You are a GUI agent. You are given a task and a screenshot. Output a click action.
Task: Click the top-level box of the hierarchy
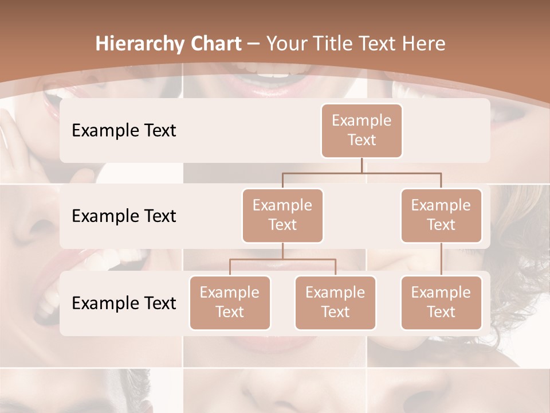click(x=362, y=130)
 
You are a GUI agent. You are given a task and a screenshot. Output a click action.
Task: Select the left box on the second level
click(x=282, y=215)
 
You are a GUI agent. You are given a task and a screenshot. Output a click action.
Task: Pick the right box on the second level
click(x=441, y=215)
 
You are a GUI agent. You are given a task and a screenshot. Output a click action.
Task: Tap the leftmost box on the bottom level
click(x=230, y=302)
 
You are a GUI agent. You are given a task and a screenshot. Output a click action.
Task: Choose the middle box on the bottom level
click(x=335, y=302)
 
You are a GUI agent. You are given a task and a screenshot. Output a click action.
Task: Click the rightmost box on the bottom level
click(x=441, y=302)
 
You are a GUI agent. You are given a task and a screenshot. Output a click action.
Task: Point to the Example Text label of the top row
click(x=124, y=130)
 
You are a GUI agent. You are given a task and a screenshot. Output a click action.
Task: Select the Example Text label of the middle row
click(x=124, y=216)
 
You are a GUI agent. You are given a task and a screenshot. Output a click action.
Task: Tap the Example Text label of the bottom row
click(x=124, y=303)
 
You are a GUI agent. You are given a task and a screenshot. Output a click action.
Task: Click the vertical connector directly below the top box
click(x=362, y=165)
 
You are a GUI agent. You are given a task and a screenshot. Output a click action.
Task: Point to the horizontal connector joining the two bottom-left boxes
click(x=282, y=259)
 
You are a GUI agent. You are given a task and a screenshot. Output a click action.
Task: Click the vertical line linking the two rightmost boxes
click(x=441, y=259)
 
